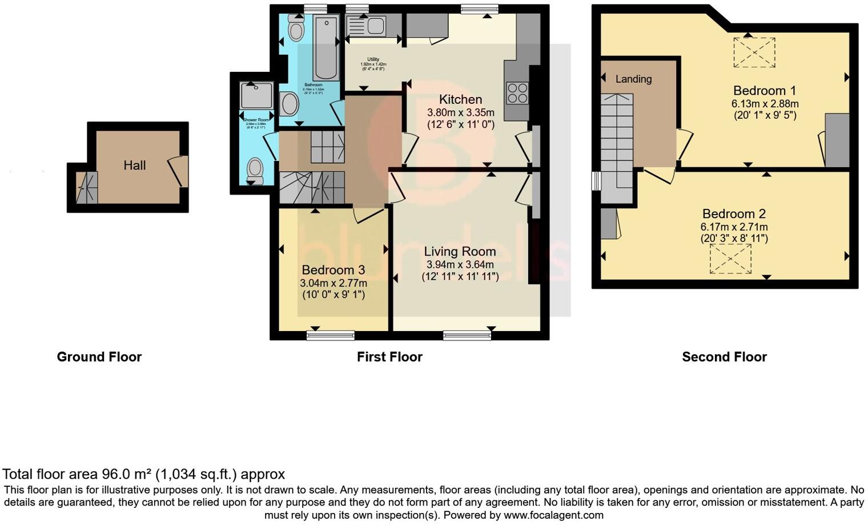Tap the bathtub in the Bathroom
[326, 49]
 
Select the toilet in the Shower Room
[255, 169]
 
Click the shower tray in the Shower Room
[256, 95]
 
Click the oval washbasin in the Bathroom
[290, 104]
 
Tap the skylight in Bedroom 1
[754, 53]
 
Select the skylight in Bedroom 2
[730, 259]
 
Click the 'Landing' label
[633, 79]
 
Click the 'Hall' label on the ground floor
[135, 165]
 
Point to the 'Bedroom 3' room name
[333, 270]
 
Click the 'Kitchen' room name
[460, 99]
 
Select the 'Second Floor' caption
[724, 357]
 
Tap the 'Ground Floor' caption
[99, 357]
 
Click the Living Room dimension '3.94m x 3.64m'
[460, 264]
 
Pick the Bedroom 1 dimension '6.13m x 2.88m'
[765, 103]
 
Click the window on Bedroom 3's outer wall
[330, 335]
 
